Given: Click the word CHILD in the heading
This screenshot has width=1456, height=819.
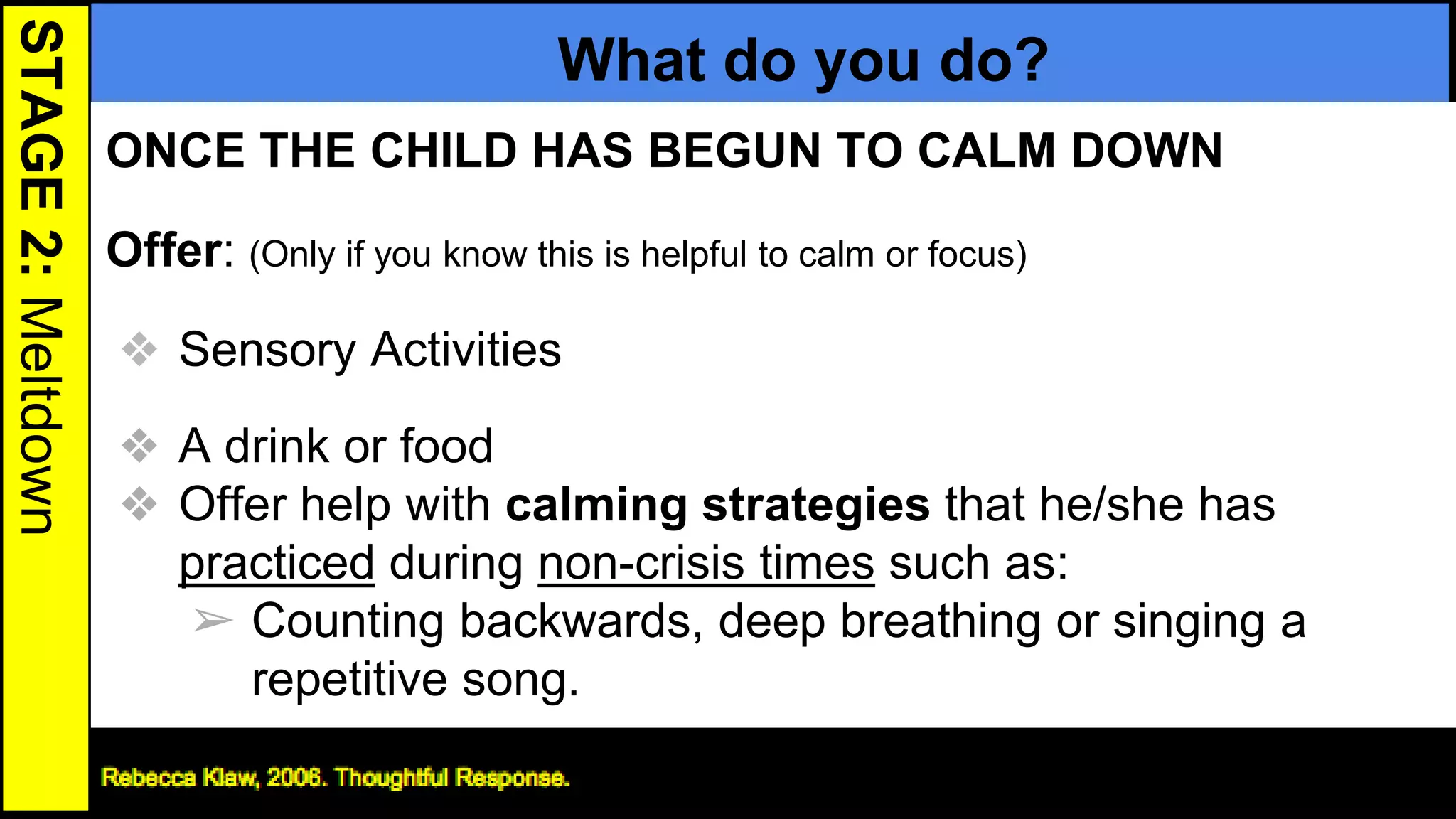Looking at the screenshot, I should point(443,151).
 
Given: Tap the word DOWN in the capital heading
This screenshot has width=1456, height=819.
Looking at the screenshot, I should point(1147,151).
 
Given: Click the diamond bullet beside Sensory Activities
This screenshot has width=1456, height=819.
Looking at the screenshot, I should point(139,349).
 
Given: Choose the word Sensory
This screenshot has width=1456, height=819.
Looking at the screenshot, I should point(267,350).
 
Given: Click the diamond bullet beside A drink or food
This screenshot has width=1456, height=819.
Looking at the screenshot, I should point(139,446).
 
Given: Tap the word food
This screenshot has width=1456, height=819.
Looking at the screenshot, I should point(446,446).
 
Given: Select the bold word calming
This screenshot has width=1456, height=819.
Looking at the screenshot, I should point(596,505).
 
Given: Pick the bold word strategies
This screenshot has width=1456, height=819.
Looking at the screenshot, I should point(815,505).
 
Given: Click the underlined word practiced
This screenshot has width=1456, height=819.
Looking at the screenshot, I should point(277,563).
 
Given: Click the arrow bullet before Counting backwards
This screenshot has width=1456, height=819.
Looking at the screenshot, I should point(213,621).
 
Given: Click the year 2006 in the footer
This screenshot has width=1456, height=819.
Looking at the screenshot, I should point(294,777).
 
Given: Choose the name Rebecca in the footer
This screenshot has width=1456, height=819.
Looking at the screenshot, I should point(148,777).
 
